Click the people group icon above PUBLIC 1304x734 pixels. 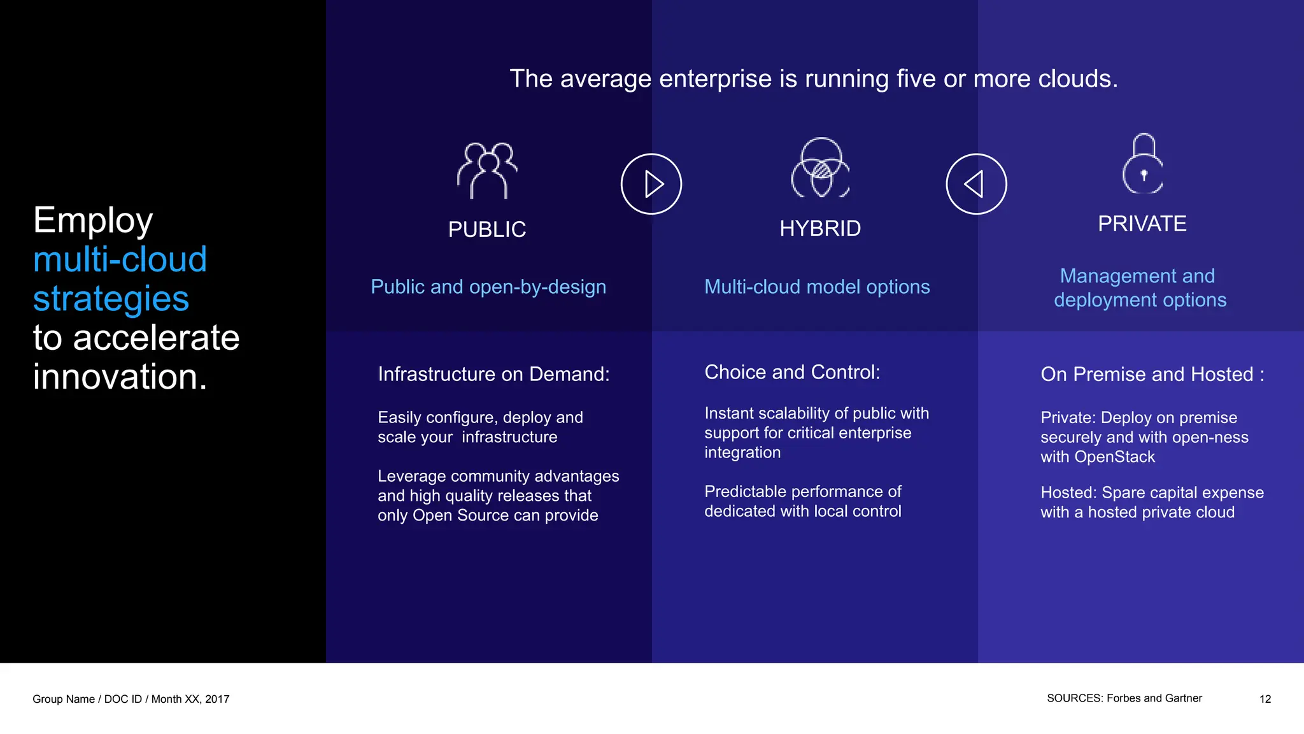[x=487, y=171]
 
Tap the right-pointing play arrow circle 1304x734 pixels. [x=651, y=184]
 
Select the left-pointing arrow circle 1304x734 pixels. [x=976, y=184]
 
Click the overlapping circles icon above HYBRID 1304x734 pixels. [x=821, y=168]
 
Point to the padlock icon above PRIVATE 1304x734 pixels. [x=1143, y=164]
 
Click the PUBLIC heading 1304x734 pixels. [x=487, y=229]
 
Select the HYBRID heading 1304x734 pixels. [x=820, y=228]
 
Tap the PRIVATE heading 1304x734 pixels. [x=1142, y=224]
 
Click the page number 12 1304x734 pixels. [x=1265, y=699]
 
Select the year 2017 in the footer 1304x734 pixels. [x=217, y=699]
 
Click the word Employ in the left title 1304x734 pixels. [x=93, y=220]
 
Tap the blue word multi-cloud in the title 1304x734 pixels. [x=120, y=259]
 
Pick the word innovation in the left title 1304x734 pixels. [x=120, y=377]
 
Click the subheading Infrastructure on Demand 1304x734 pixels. [x=493, y=374]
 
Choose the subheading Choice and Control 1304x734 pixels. [x=792, y=372]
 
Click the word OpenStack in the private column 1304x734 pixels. [x=1114, y=457]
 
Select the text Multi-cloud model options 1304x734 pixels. [x=817, y=287]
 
